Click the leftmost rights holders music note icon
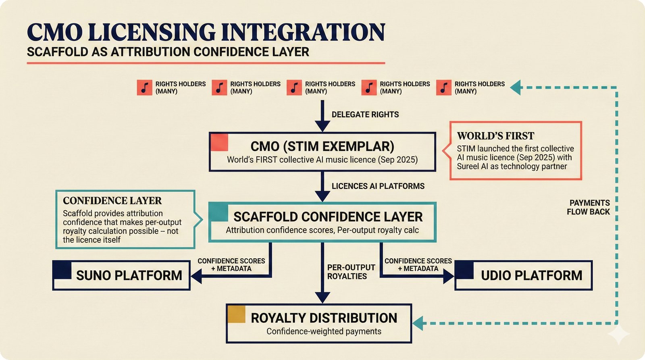tap(144, 87)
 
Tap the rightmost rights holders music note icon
tap(443, 87)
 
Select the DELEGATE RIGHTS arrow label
tap(365, 114)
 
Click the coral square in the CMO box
tap(219, 142)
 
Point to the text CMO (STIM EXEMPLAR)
tap(322, 146)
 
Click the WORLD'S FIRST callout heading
tap(495, 136)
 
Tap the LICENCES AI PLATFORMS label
tap(378, 186)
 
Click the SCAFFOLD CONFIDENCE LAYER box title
tap(328, 217)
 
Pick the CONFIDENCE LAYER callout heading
tap(112, 201)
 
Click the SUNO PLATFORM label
tap(129, 275)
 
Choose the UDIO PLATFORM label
tap(531, 275)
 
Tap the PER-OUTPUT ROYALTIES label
tap(351, 272)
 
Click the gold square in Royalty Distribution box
tap(236, 314)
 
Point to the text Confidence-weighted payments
tap(324, 331)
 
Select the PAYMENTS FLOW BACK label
tap(589, 207)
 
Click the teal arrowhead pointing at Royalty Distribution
tap(418, 323)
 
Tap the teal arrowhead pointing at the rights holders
tap(516, 87)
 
